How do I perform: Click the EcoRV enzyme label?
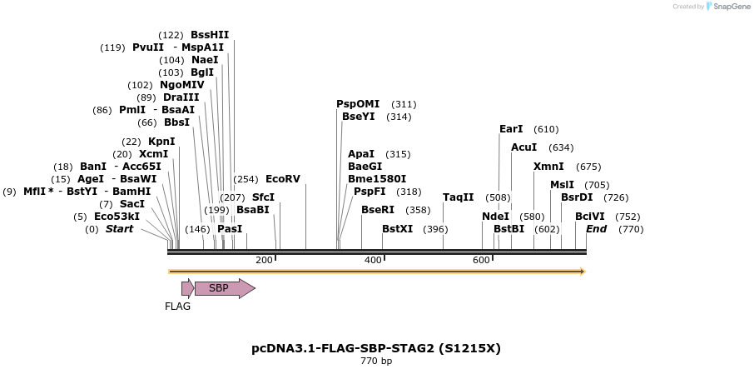(x=282, y=179)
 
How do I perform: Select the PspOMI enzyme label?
(x=358, y=104)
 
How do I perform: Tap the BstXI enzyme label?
(x=397, y=229)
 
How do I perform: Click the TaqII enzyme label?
(x=458, y=197)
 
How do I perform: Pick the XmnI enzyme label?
(x=548, y=167)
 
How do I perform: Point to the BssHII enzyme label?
(x=210, y=35)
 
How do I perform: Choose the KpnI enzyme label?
(x=161, y=142)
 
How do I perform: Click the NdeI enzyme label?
(x=495, y=217)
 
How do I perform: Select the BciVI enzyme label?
(x=590, y=217)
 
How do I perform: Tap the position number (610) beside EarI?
(x=546, y=129)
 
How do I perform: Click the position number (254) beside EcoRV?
(x=246, y=179)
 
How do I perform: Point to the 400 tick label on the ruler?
(x=373, y=260)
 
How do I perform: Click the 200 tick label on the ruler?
(x=264, y=260)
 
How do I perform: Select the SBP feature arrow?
(x=224, y=288)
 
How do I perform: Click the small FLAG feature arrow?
(x=187, y=288)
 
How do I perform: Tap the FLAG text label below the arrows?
(x=177, y=307)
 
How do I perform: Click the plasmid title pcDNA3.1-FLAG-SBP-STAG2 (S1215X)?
(x=376, y=348)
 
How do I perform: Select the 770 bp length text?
(x=376, y=362)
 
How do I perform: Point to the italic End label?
(x=596, y=229)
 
